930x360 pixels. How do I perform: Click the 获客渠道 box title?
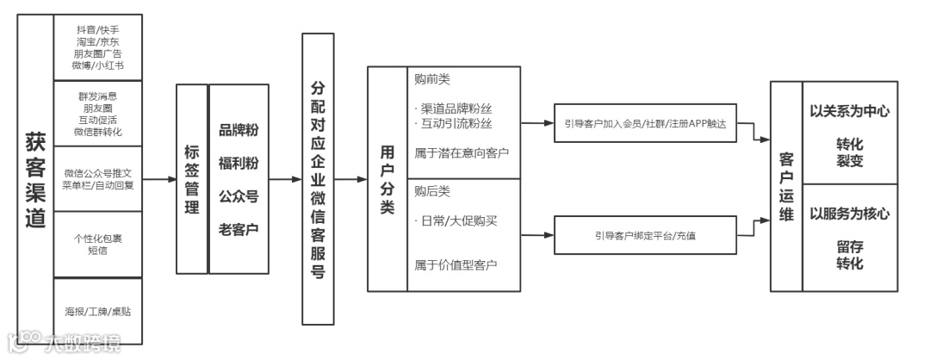tap(34, 179)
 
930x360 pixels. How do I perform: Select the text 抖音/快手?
tap(97, 29)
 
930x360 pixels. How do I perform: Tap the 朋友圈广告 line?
tap(97, 53)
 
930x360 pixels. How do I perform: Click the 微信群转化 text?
tap(97, 133)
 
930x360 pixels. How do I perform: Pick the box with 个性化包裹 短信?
tap(97, 245)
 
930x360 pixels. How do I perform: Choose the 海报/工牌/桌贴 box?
tap(97, 310)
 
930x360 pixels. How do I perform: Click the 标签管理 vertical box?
tap(191, 179)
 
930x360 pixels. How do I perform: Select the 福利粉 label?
tap(239, 163)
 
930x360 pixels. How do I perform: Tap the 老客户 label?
tap(239, 229)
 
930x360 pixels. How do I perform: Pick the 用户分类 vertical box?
tap(387, 179)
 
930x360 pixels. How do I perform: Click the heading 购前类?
tap(432, 79)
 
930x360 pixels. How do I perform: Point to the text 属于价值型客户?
tap(456, 264)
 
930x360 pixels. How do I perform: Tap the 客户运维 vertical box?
tap(785, 185)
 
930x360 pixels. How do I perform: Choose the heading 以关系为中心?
tap(849, 112)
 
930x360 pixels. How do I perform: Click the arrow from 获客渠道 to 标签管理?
tap(158, 179)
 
